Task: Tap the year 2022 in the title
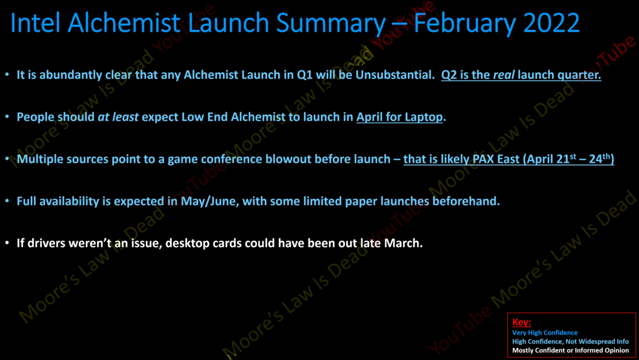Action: point(552,23)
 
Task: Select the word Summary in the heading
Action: point(331,23)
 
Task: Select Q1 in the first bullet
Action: point(305,75)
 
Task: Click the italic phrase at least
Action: point(118,117)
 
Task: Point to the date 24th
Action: point(599,159)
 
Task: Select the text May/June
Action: point(210,201)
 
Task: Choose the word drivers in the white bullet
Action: point(40,243)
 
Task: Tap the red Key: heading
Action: point(522,322)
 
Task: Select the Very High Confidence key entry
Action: point(545,333)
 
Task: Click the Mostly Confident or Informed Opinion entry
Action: point(571,350)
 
